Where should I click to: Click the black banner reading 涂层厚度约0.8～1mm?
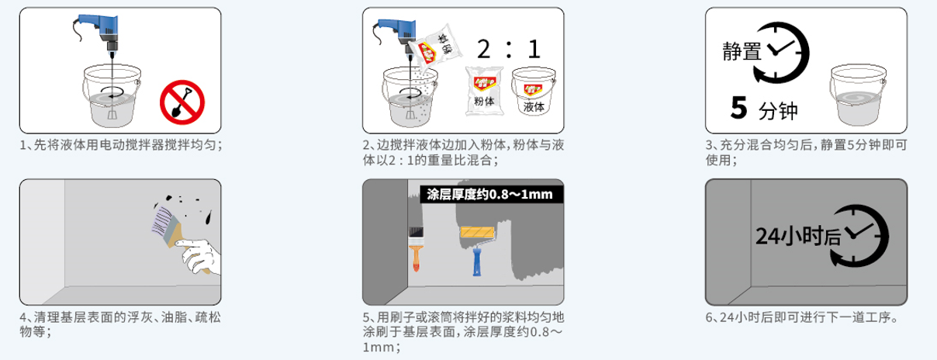point(489,193)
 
